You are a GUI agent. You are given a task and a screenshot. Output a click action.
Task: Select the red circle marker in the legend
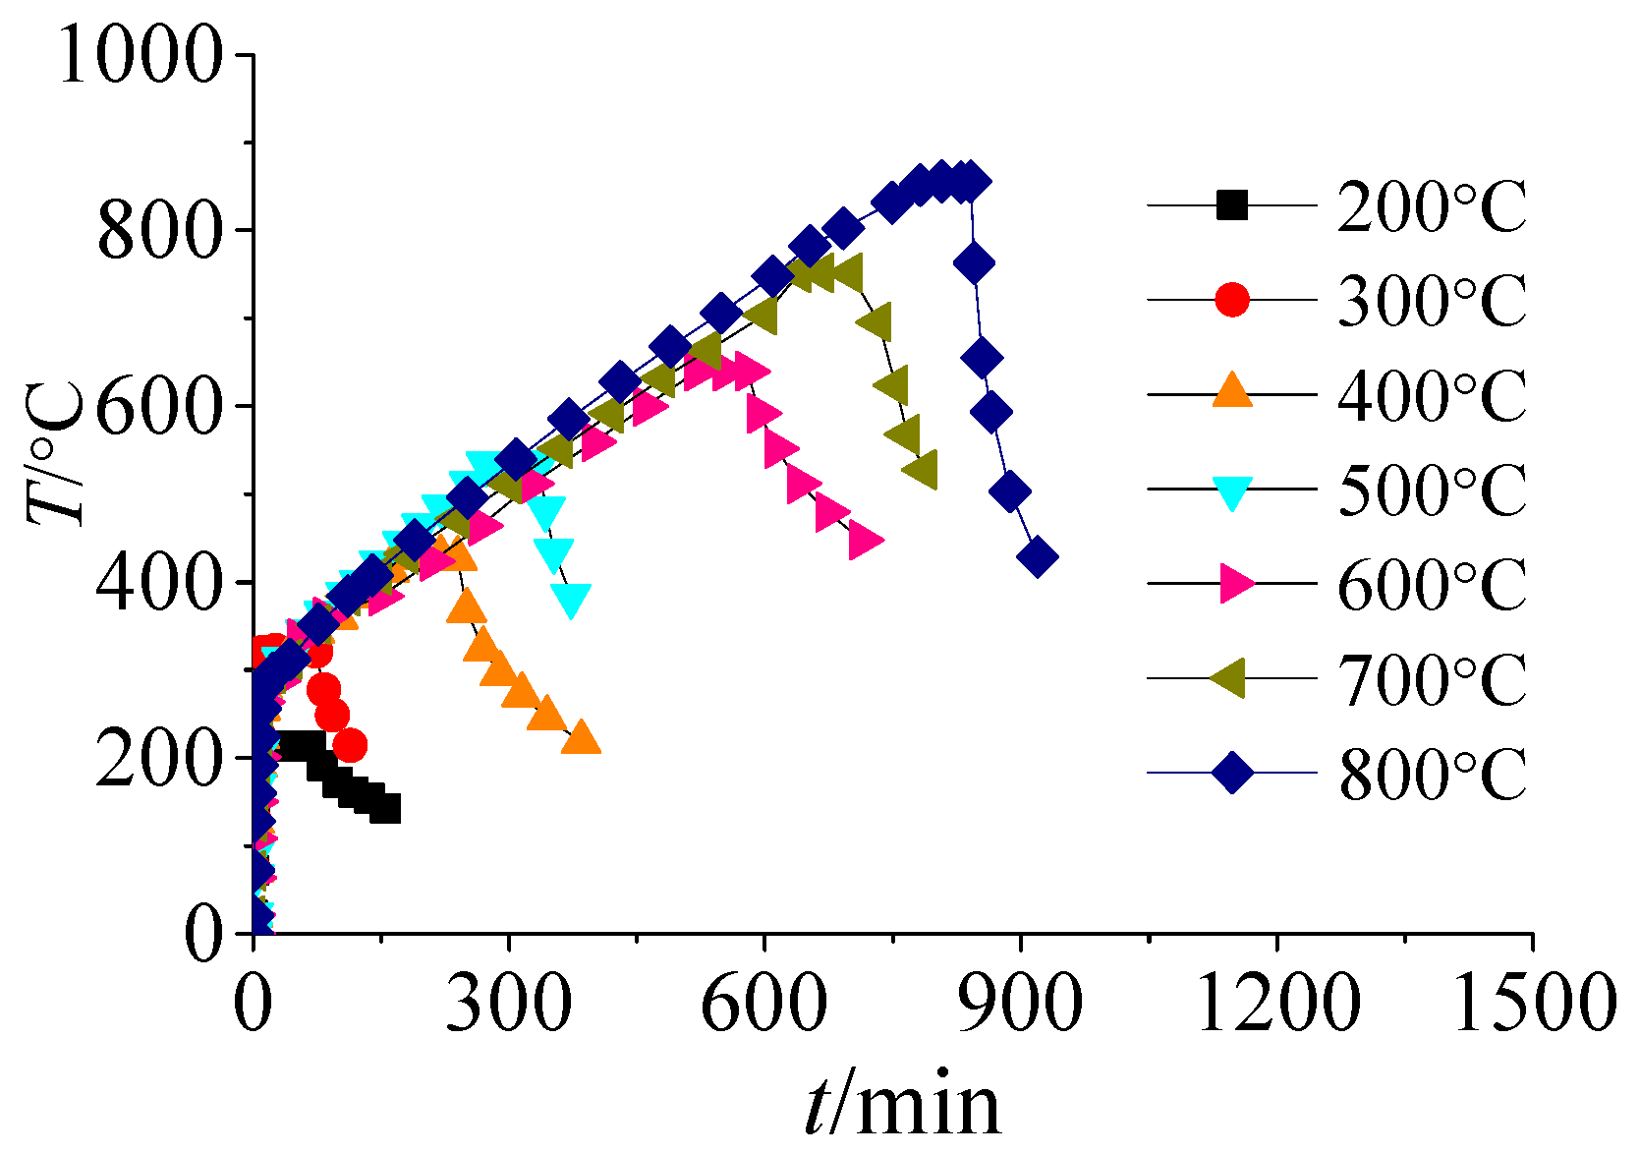point(1232,300)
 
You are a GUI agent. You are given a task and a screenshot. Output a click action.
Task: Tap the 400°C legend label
point(1431,395)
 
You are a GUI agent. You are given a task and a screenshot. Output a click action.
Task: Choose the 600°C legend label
point(1431,584)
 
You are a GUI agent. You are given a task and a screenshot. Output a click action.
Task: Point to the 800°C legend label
point(1431,774)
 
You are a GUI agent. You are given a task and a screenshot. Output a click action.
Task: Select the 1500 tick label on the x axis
point(1533,1003)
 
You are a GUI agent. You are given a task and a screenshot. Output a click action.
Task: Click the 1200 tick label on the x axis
point(1277,1003)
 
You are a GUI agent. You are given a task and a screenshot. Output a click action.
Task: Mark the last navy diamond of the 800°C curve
point(1038,557)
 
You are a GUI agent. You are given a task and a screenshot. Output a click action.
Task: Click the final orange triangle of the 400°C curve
point(581,737)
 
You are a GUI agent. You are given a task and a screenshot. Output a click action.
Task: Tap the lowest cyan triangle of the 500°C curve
point(571,599)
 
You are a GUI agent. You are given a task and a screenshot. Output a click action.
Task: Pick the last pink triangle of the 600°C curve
point(866,541)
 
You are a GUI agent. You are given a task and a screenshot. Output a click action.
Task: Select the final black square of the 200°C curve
point(385,809)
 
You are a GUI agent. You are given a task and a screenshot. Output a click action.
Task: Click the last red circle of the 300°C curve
point(350,746)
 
